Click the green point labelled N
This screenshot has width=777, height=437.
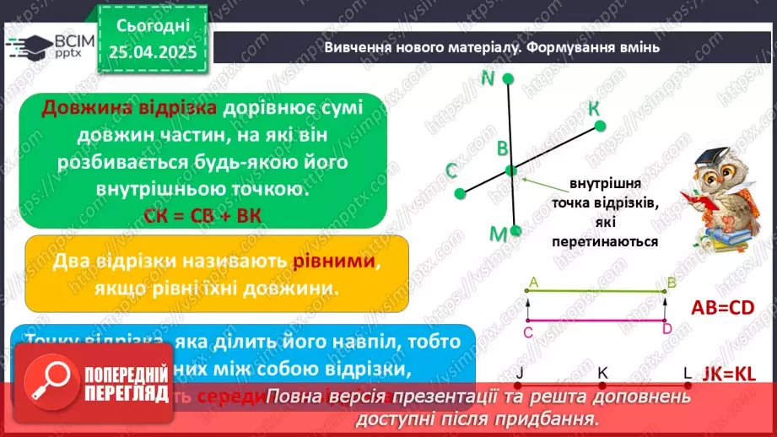508,78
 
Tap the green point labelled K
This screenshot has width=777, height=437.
600,127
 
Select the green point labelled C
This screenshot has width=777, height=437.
460,193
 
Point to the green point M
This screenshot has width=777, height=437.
516,230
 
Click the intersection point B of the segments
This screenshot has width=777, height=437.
510,170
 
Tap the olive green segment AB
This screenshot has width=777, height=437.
596,291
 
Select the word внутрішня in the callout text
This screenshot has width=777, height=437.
604,184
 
